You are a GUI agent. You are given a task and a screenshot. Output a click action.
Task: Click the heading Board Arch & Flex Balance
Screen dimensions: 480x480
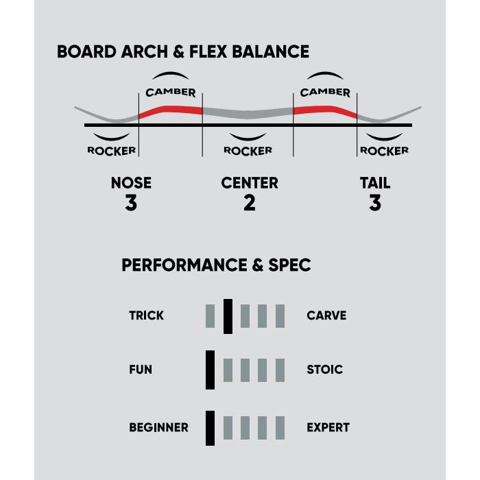point(182,52)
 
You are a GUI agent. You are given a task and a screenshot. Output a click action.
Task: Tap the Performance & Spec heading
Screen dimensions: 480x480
point(216,265)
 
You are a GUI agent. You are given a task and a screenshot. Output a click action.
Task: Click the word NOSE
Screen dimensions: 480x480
point(131,183)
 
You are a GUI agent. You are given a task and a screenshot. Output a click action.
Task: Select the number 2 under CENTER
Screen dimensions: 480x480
point(249,203)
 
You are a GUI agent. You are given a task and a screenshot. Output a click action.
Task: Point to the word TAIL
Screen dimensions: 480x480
point(375,183)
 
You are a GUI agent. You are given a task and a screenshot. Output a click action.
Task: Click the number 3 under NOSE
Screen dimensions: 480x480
point(131,203)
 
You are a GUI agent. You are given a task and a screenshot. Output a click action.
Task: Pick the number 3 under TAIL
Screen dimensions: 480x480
point(375,203)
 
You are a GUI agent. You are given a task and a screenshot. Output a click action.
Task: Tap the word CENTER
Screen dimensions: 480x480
point(250,183)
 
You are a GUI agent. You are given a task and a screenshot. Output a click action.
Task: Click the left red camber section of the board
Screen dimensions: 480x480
point(170,110)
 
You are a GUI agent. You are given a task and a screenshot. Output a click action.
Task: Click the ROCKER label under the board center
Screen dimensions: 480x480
point(248,150)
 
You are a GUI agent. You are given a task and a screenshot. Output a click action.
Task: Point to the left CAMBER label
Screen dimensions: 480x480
point(171,92)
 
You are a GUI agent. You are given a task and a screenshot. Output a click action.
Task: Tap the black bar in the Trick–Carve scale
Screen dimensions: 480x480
point(228,316)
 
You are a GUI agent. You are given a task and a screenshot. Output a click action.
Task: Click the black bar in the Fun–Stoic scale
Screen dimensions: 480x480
point(210,370)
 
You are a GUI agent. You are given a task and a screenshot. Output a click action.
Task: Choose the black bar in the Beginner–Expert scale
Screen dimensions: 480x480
point(210,427)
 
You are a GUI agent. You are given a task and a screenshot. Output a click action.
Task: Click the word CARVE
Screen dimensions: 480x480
point(326,316)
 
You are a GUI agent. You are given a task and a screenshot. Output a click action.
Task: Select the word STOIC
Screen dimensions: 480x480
point(324,370)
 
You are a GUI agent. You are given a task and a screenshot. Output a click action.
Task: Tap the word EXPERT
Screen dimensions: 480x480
point(328,427)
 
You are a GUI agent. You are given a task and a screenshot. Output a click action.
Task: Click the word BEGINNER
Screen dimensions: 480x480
point(158,427)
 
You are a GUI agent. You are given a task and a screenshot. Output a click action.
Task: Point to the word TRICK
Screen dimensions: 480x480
point(146,316)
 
